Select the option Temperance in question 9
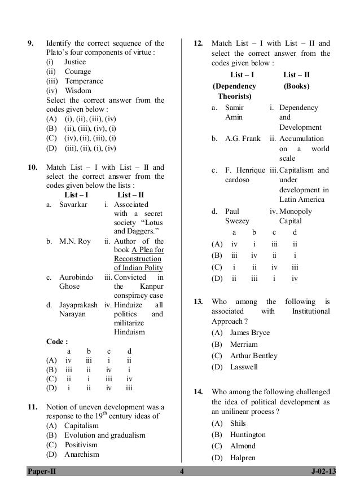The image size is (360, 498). pos(83,81)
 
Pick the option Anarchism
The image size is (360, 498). pos(82,455)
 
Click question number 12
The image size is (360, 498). pos(198,42)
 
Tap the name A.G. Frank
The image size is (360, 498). pos(243,138)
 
